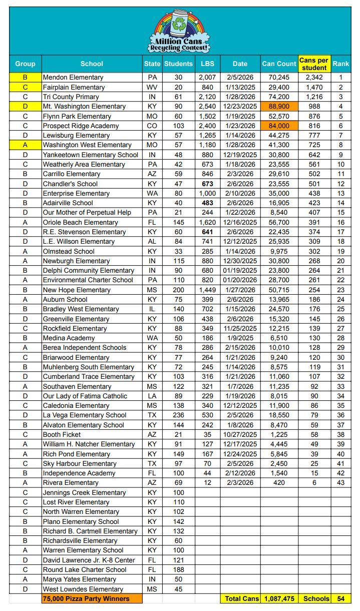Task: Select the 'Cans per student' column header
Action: point(314,64)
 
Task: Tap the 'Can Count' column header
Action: point(279,64)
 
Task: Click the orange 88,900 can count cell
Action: point(279,107)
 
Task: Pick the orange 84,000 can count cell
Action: point(279,126)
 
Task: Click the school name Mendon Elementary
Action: point(73,78)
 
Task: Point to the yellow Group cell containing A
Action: point(25,145)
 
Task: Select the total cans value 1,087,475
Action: point(279,598)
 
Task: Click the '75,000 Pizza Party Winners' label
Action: point(86,598)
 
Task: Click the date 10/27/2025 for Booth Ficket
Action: point(240,434)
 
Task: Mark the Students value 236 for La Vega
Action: point(178,415)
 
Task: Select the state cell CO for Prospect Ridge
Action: point(152,126)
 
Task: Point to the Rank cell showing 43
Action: point(341,482)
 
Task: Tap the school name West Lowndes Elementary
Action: point(83,589)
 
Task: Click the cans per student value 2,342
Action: point(314,78)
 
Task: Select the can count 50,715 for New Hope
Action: point(279,290)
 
